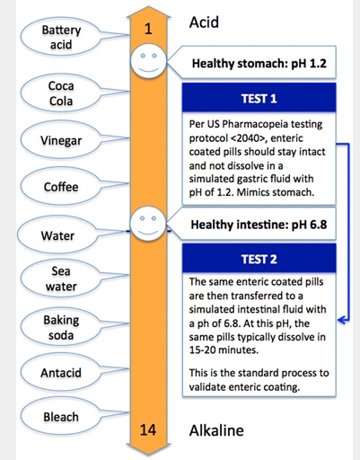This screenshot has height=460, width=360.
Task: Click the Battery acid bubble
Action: tap(61, 37)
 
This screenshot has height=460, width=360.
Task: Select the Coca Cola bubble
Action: tap(61, 93)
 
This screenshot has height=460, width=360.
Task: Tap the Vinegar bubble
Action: tap(61, 140)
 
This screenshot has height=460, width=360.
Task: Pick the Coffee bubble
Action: tap(61, 187)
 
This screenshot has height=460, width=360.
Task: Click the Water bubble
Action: tap(57, 235)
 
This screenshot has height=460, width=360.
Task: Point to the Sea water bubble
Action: tap(61, 279)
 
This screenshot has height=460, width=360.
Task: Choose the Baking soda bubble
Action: tap(61, 327)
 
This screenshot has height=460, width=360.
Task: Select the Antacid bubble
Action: tap(61, 373)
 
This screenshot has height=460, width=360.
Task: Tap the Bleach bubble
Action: tap(61, 417)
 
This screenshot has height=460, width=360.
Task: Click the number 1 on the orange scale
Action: tap(148, 29)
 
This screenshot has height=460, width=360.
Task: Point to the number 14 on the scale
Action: tap(148, 429)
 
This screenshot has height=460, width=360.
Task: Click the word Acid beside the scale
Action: tap(204, 22)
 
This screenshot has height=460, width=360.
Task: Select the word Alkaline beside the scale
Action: tap(216, 430)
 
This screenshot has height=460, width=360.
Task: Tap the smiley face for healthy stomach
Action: tap(148, 61)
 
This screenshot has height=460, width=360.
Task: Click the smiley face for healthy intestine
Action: tap(148, 223)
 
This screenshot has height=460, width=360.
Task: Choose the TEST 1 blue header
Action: tap(259, 98)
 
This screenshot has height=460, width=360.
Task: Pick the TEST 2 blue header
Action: tap(259, 259)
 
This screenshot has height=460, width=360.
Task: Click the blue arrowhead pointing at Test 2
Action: tap(342, 320)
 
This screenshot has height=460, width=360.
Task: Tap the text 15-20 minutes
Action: tap(224, 349)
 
